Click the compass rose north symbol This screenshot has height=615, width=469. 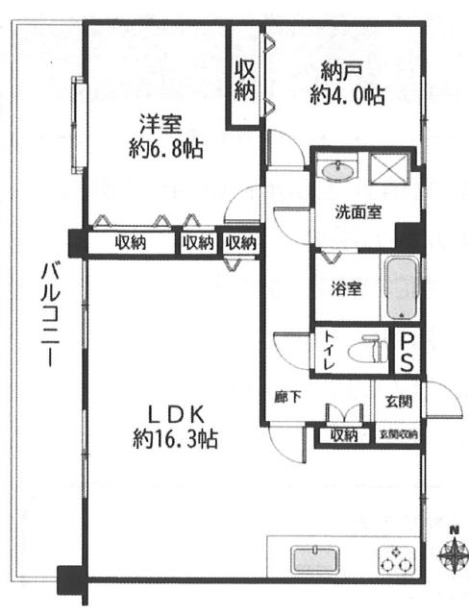pos(453,553)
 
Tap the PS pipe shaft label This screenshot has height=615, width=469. pos(407,351)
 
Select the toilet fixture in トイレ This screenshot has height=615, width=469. pos(368,349)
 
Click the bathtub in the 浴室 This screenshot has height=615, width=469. pos(401,287)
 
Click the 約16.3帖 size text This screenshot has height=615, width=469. pos(175,440)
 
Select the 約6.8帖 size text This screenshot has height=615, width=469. pos(166,149)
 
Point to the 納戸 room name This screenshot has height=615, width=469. pos(339,71)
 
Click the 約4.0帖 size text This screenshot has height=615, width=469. pos(348,95)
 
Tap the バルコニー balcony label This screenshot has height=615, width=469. pos(51,315)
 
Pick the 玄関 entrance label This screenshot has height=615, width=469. pos(399,402)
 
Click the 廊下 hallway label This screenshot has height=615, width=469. pos(288,397)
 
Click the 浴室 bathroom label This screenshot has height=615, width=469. pos(346,289)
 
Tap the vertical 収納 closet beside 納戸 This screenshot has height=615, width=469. pos(245,80)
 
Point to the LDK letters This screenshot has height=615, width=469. pos(175,415)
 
